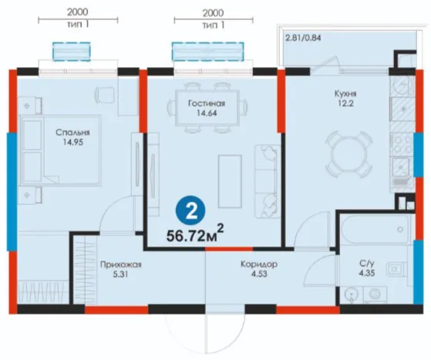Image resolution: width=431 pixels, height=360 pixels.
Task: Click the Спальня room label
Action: click(x=72, y=133)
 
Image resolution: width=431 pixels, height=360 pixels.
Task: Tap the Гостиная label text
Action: click(x=207, y=103)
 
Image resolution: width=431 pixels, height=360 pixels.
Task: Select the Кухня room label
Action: click(x=345, y=93)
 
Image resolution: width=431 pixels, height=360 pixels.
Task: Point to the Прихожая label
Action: click(x=121, y=264)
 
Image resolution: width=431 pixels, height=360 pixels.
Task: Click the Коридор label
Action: click(x=259, y=264)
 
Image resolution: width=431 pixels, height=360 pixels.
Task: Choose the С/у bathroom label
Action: click(x=367, y=264)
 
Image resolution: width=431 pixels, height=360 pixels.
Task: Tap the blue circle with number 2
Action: click(x=190, y=210)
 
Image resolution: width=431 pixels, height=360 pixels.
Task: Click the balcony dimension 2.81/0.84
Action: click(x=303, y=38)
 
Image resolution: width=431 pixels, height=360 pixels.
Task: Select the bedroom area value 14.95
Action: click(x=72, y=143)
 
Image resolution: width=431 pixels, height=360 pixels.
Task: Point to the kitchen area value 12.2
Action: click(x=345, y=103)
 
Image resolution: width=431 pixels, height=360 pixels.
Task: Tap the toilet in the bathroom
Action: click(x=397, y=268)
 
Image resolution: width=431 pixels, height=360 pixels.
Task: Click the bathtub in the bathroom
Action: click(x=375, y=229)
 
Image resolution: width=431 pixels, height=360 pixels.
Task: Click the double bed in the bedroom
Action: click(x=60, y=150)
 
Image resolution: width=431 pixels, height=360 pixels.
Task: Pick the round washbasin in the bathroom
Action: click(x=351, y=295)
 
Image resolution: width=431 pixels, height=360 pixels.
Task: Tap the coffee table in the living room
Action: click(x=230, y=181)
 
